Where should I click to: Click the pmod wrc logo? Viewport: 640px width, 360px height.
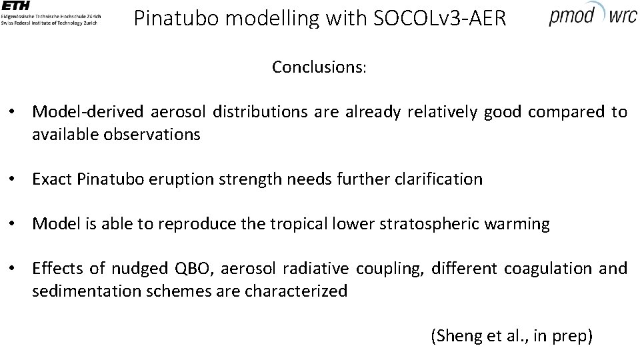(593, 14)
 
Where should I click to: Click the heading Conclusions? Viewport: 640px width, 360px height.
(319, 67)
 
